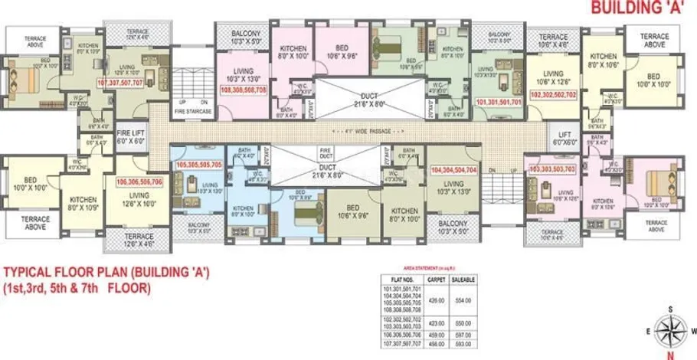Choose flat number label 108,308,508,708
[x=243, y=90]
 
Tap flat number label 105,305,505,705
[x=198, y=164]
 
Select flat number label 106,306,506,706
[x=139, y=182]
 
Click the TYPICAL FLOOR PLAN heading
[x=107, y=272]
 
